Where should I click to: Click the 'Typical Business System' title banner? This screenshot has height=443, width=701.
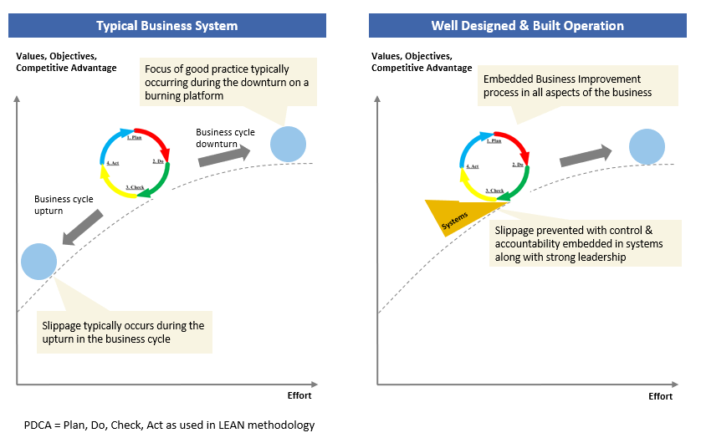[x=166, y=25]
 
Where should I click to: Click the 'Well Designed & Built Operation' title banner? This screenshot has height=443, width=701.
[x=527, y=25]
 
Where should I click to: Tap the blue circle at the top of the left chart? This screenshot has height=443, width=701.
[x=289, y=145]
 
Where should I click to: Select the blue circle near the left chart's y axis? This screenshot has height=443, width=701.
[x=38, y=260]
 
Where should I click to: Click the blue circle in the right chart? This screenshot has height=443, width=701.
[x=647, y=146]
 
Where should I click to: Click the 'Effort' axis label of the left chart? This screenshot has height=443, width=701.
[x=299, y=395]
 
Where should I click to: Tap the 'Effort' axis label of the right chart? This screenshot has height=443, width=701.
[x=660, y=396]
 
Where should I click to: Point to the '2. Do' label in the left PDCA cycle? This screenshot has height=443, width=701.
[x=158, y=160]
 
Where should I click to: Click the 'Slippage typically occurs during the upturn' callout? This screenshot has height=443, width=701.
[x=124, y=332]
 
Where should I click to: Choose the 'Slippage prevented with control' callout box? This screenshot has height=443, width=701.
[x=579, y=243]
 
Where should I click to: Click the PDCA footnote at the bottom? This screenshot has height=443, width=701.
[x=169, y=425]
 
